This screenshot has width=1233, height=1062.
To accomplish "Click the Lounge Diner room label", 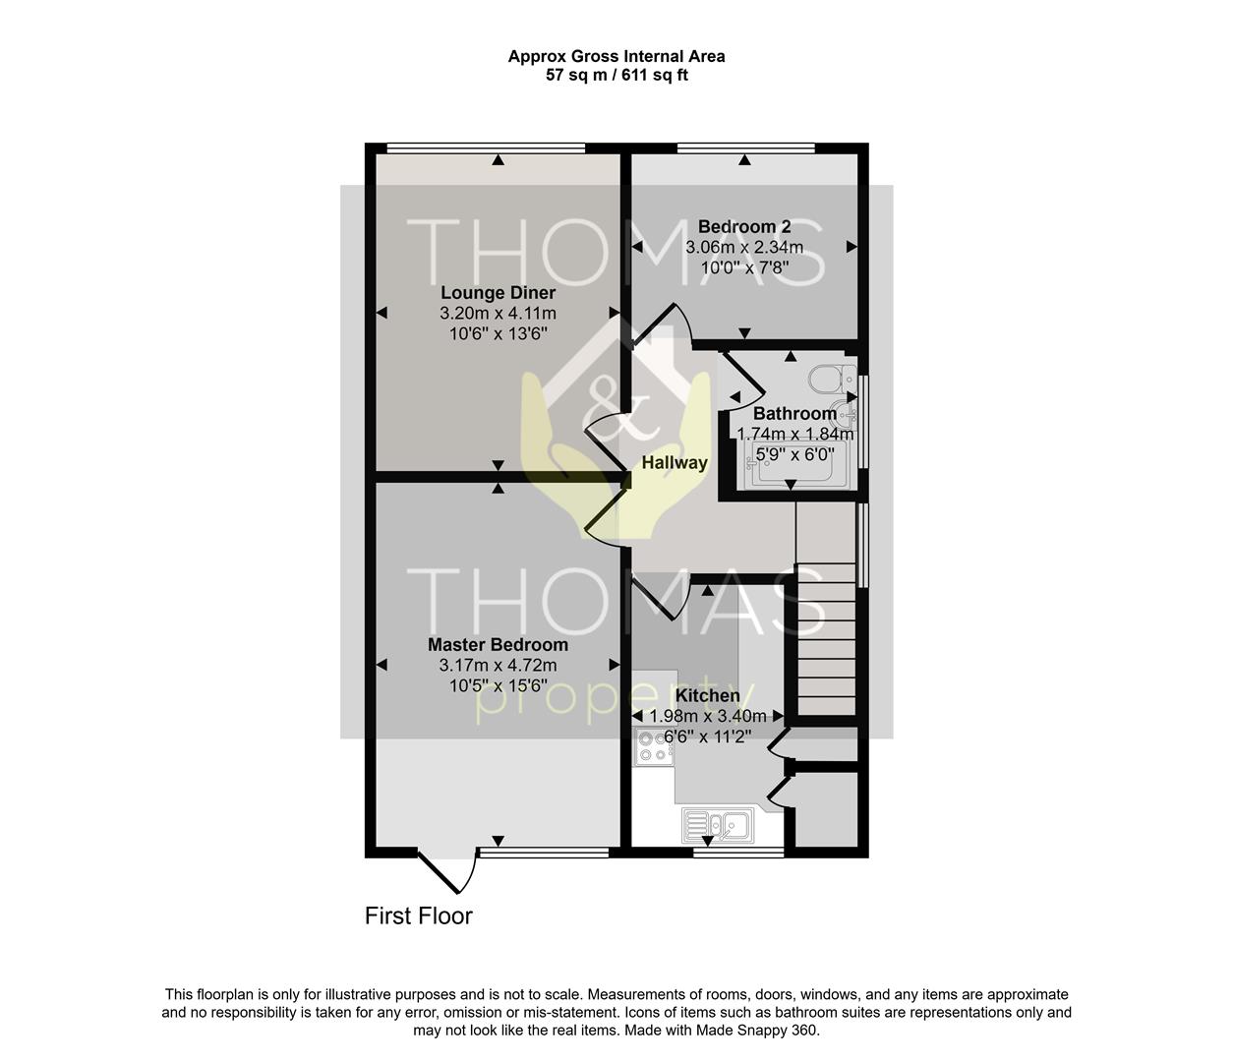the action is point(499,293).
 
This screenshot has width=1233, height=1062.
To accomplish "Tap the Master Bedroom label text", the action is point(499,645).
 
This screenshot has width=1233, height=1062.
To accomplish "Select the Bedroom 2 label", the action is point(744,227).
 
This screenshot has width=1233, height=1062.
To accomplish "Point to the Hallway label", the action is point(675,462).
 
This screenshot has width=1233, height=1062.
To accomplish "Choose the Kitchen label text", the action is point(708,695).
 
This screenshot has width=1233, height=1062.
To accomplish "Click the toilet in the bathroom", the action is point(833,379).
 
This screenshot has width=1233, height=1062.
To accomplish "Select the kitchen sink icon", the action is point(718,826).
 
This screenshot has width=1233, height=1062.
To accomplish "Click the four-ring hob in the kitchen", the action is point(654,747).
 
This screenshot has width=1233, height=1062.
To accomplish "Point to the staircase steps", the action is point(827,640).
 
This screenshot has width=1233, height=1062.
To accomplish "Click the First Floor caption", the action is point(419,915).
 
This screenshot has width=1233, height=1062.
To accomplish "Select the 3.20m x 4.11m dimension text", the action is point(499,314).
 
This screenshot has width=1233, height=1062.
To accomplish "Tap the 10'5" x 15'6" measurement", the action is point(499,686).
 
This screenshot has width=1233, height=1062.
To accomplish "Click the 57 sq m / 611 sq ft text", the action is point(616,76).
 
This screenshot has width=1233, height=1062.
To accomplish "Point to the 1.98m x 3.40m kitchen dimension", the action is point(708,716).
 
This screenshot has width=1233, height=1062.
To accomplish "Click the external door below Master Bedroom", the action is point(447,871).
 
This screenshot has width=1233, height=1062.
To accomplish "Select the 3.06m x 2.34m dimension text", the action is point(744,247).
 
